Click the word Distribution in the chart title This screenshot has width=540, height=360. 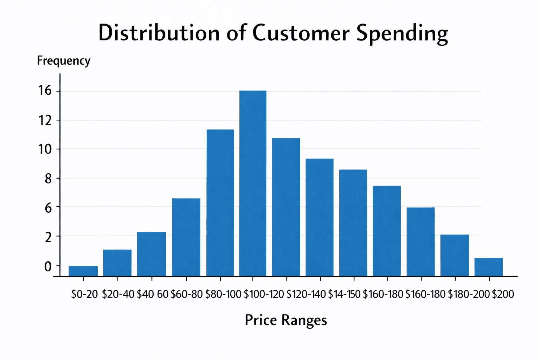pyautogui.click(x=159, y=33)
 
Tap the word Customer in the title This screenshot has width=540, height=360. pyautogui.click(x=301, y=33)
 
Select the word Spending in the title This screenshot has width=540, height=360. pyautogui.click(x=402, y=34)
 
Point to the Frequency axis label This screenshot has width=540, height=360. pyautogui.click(x=64, y=61)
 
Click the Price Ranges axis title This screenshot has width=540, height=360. pyautogui.click(x=286, y=320)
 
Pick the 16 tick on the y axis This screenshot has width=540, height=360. pyautogui.click(x=45, y=91)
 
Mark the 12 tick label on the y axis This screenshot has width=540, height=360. pyautogui.click(x=45, y=121)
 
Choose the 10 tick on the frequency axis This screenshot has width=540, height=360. pyautogui.click(x=45, y=149)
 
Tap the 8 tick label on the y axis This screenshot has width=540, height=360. pyautogui.click(x=48, y=179)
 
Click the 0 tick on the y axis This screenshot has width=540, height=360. pyautogui.click(x=48, y=266)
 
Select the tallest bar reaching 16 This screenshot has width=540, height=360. pyautogui.click(x=253, y=183)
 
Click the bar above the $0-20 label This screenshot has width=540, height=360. pyautogui.click(x=83, y=271)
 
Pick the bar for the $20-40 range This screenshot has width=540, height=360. pyautogui.click(x=117, y=263)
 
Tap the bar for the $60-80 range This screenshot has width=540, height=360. pyautogui.click(x=186, y=237)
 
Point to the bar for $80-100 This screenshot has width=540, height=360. pyautogui.click(x=220, y=203)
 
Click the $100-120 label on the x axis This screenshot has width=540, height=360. pyautogui.click(x=264, y=294)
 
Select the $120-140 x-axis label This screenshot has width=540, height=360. pyautogui.click(x=306, y=294)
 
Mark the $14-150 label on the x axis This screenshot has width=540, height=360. pyautogui.click(x=344, y=294)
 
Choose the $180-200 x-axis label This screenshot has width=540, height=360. pyautogui.click(x=469, y=294)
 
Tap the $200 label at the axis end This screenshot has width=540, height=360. pyautogui.click(x=503, y=294)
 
